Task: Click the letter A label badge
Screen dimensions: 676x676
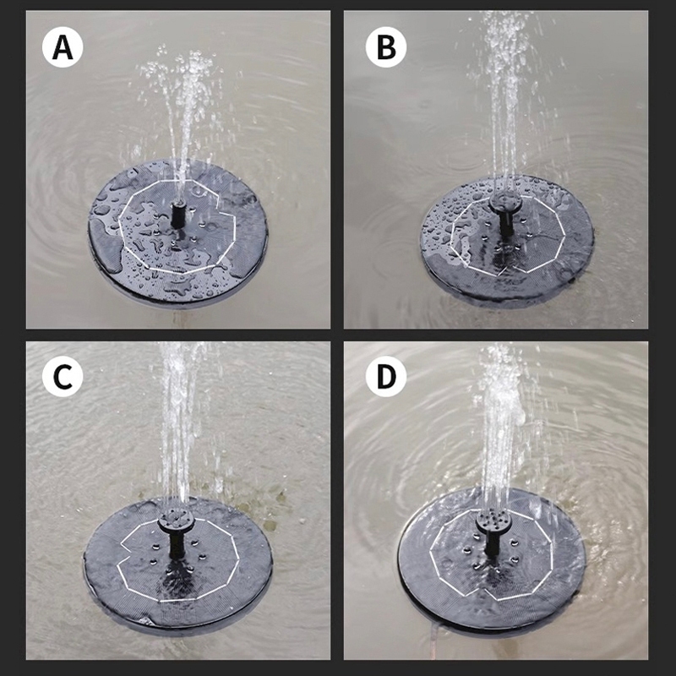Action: point(63,47)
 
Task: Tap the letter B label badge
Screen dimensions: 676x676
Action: point(386,47)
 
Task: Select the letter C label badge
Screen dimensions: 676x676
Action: point(63,376)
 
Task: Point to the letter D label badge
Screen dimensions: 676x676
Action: point(386,376)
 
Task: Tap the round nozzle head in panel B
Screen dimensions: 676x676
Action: point(505,201)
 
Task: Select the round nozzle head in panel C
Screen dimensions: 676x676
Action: point(176,521)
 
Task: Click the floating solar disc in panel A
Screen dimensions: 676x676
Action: point(178,231)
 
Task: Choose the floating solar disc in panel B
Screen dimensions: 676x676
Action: point(507,241)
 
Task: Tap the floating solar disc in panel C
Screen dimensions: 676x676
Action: point(177,562)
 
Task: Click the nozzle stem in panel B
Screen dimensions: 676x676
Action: point(505,223)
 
